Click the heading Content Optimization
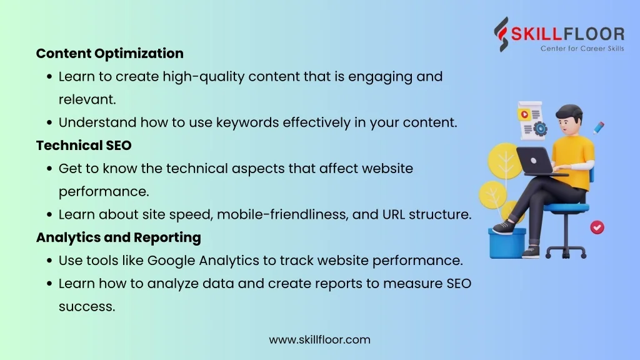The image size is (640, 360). pyautogui.click(x=110, y=54)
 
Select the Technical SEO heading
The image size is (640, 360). pyautogui.click(x=84, y=145)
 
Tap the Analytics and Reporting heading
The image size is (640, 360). pyautogui.click(x=118, y=237)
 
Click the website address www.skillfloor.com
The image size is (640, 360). pyautogui.click(x=319, y=339)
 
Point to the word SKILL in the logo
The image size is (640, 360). pyautogui.click(x=537, y=34)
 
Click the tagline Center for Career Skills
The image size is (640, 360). pyautogui.click(x=582, y=49)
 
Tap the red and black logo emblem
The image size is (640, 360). pyautogui.click(x=502, y=34)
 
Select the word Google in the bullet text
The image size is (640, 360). pyautogui.click(x=171, y=261)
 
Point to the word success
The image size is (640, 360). pyautogui.click(x=87, y=306)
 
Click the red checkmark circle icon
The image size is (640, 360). pyautogui.click(x=597, y=227)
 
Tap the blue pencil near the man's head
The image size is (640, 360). pyautogui.click(x=599, y=127)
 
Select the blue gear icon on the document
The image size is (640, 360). pyautogui.click(x=541, y=129)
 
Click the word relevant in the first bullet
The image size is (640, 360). pyautogui.click(x=86, y=99)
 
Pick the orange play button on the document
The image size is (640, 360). pyautogui.click(x=524, y=115)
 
